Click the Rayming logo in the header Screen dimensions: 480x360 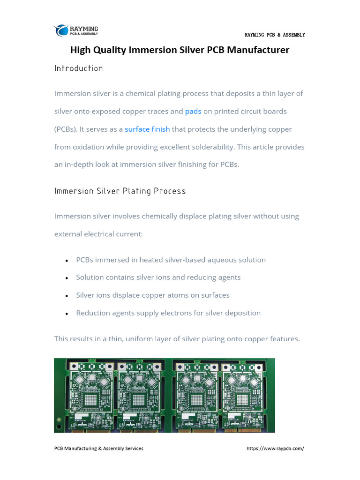76,30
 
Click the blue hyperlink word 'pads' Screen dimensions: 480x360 193,112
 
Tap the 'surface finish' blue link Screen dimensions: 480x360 147,129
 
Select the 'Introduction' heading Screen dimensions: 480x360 78,68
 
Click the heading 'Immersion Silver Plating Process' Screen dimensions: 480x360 120,191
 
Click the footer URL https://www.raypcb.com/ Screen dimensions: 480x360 275,449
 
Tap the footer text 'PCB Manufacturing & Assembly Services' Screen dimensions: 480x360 99,449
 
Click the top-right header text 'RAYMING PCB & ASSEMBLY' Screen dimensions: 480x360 275,35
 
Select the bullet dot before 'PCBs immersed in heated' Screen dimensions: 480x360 67,261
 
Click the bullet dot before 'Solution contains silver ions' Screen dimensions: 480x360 67,278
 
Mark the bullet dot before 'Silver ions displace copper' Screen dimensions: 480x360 67,296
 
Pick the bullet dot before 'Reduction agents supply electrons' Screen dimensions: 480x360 67,314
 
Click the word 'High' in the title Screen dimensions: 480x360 80,50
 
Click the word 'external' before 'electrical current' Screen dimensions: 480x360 69,234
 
